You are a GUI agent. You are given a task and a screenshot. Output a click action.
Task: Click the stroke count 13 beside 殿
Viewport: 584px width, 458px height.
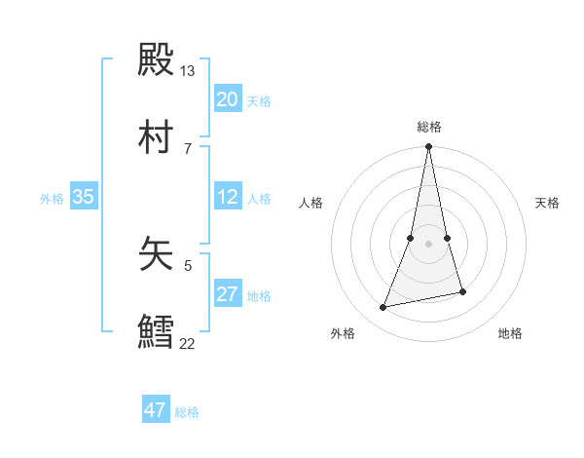tap(188, 71)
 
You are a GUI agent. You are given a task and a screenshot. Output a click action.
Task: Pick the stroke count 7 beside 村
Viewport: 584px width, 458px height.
tap(188, 148)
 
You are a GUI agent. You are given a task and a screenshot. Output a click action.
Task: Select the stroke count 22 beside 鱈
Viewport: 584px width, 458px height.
tap(188, 343)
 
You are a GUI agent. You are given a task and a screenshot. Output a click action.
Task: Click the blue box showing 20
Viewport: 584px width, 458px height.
tap(228, 99)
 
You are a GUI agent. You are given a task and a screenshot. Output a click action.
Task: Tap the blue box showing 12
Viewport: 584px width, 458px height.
tap(228, 197)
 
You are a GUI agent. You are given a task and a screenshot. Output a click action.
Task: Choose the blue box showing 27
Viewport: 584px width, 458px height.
tap(228, 294)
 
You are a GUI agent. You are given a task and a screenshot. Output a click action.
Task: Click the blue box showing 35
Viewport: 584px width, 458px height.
tap(84, 197)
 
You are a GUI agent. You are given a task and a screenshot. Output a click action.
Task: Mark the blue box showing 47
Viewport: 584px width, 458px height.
tap(156, 410)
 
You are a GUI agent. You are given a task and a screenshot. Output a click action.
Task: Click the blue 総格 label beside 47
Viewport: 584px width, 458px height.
tap(187, 412)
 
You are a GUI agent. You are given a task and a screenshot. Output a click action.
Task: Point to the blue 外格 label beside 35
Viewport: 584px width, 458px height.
tap(52, 198)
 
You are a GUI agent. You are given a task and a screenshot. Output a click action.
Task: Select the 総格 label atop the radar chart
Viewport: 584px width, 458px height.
tap(429, 127)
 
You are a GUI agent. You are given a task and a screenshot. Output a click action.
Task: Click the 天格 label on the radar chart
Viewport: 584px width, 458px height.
tap(547, 203)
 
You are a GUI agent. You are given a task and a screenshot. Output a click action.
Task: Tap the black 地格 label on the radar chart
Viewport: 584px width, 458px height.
tap(510, 333)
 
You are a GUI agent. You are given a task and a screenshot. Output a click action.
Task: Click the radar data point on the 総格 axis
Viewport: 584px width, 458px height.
tap(429, 147)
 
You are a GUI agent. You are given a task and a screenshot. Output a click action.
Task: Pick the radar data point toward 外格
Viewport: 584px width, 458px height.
tap(383, 308)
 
